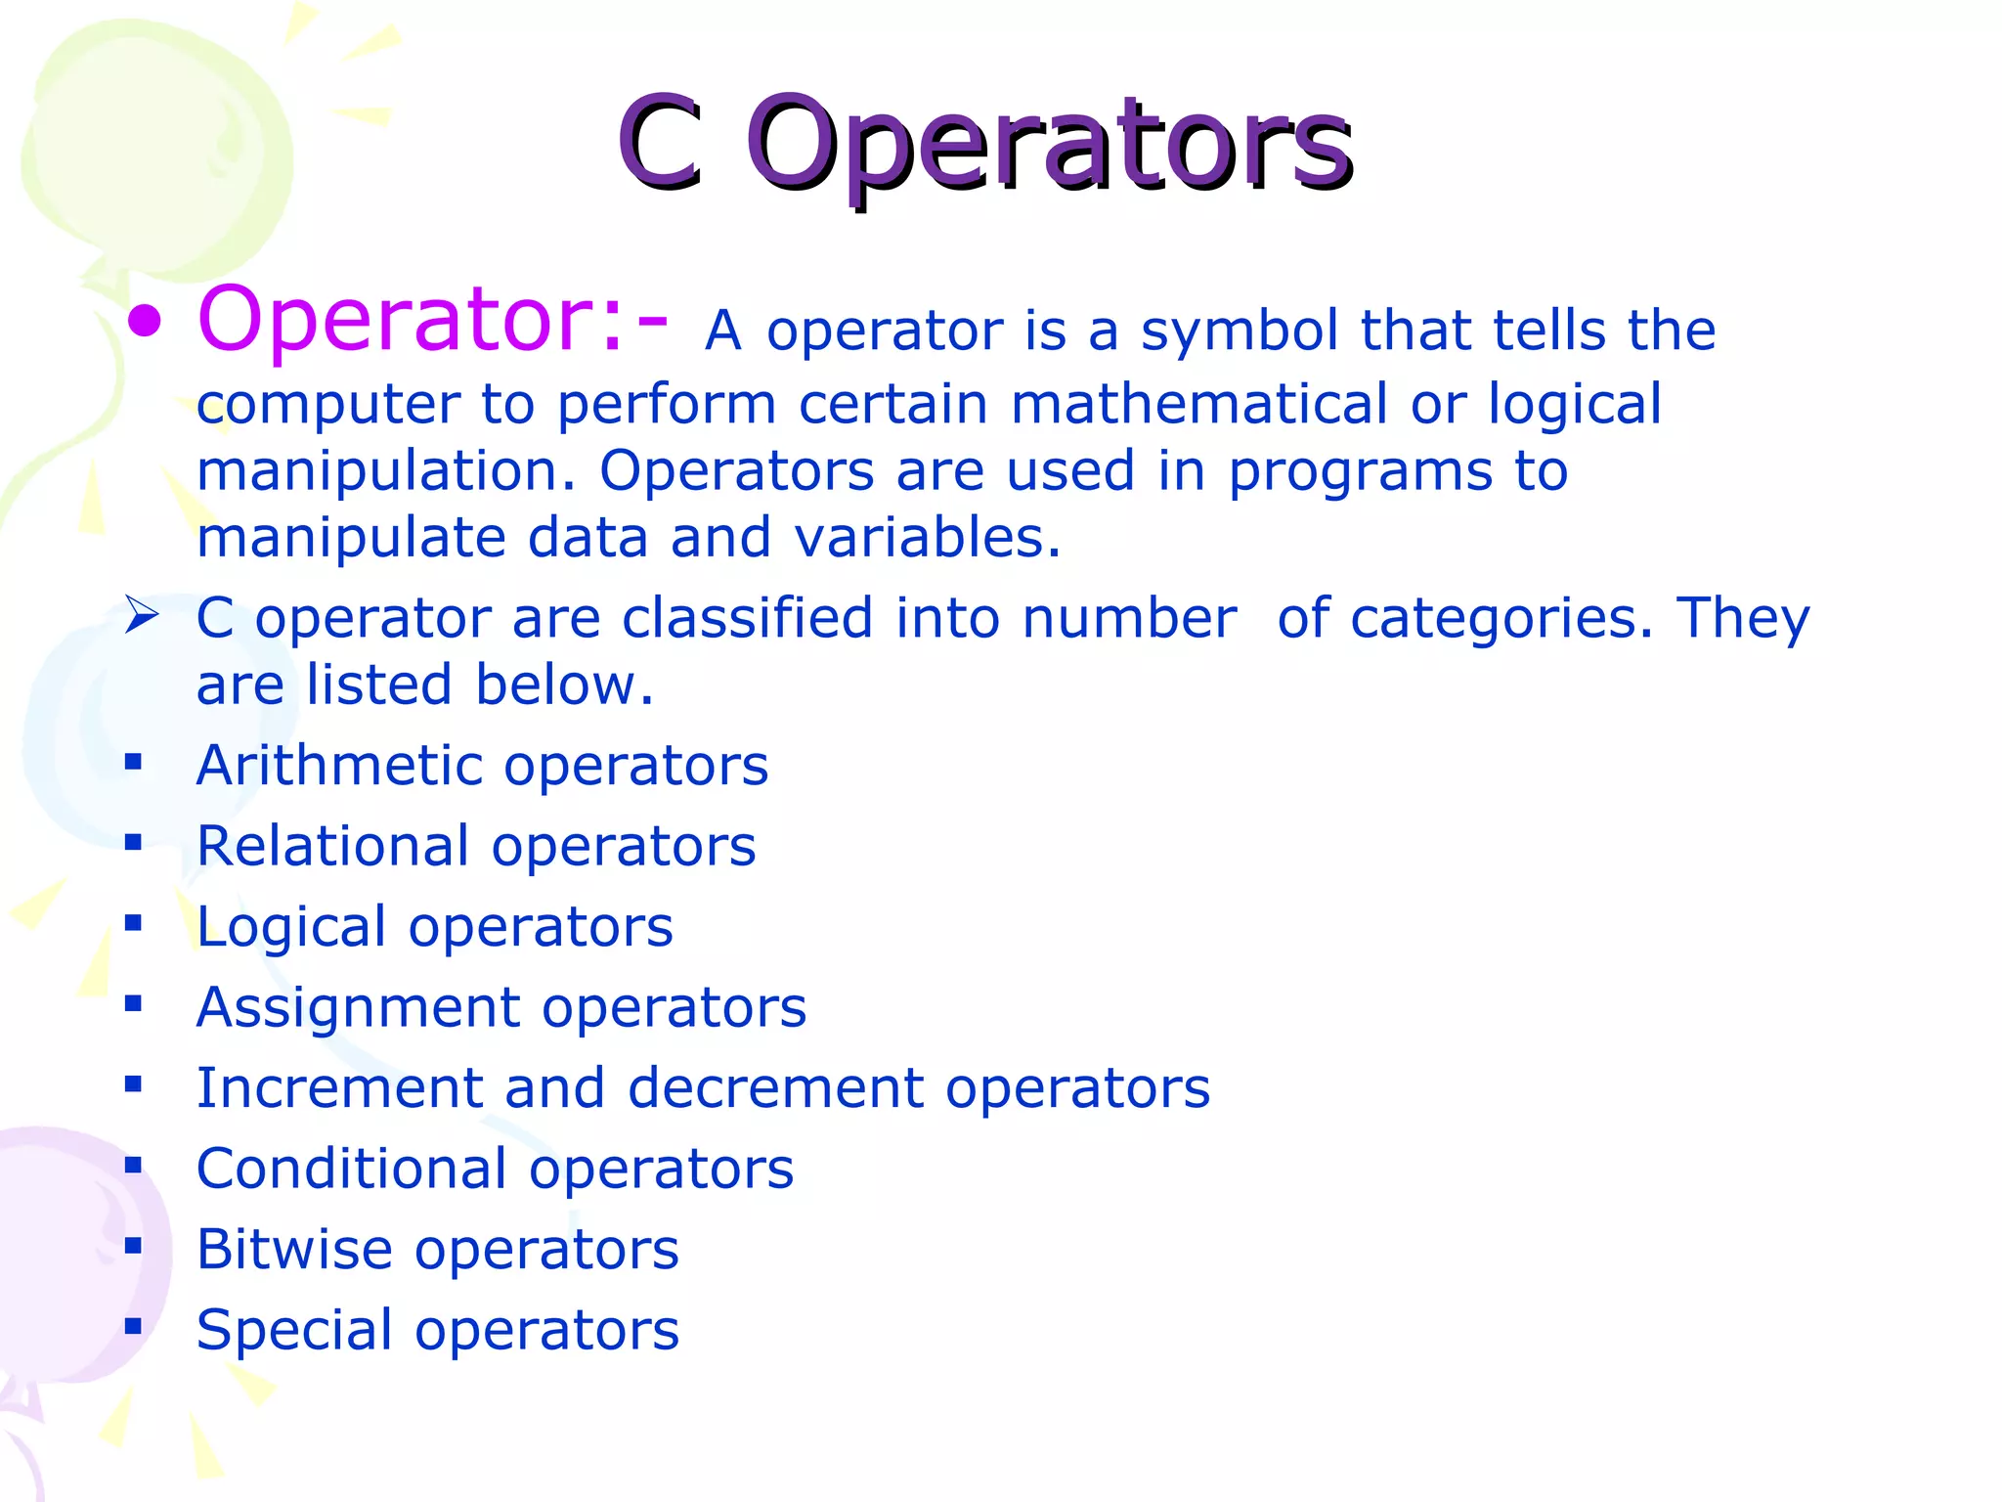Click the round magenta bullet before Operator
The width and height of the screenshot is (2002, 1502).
click(145, 322)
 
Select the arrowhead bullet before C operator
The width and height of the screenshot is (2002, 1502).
click(142, 616)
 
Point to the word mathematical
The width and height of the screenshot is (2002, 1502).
click(1198, 404)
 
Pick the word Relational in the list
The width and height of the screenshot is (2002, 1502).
click(332, 846)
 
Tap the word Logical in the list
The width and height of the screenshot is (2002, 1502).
click(291, 928)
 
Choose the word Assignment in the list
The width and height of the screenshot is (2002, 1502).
click(359, 1008)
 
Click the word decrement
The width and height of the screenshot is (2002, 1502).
click(775, 1088)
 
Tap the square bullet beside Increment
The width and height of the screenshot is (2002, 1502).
click(134, 1083)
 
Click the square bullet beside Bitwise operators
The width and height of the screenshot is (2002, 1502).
click(134, 1246)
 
